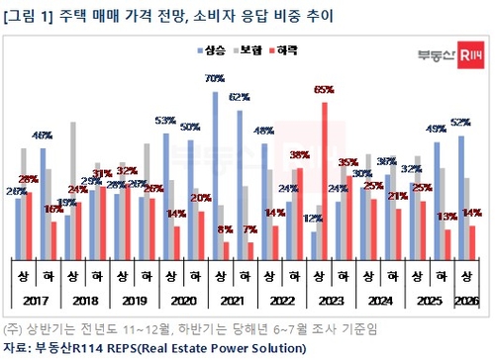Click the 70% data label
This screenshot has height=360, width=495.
212,77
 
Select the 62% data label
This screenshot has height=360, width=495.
238,97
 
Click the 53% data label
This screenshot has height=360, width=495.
165,120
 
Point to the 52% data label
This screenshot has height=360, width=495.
460,123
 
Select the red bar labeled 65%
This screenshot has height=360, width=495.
324,178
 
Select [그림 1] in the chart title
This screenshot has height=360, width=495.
29,13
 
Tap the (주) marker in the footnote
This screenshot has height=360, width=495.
13,328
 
